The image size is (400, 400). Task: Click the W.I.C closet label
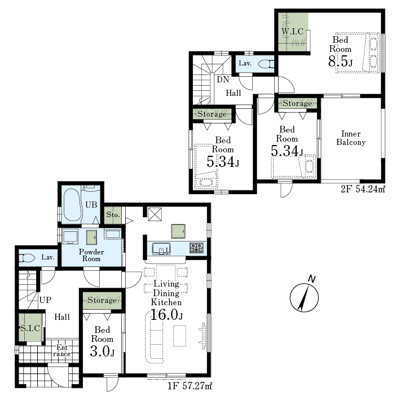pos(293,32)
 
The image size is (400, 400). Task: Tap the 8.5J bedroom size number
pos(341,61)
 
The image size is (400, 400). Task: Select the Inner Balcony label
pos(351,138)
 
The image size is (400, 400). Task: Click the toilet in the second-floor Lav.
pos(266,64)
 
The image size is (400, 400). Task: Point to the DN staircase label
pos(223,80)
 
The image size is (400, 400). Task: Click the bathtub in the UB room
pos(73,205)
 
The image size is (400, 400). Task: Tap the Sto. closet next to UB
pos(113,215)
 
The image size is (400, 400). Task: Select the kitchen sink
pos(161,248)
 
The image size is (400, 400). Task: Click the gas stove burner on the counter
pos(196,248)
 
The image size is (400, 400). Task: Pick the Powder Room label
pos(91,256)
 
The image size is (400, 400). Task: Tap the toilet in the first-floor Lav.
pos(27,258)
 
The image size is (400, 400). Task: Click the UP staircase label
pos(45,300)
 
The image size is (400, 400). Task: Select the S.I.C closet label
pos(30,328)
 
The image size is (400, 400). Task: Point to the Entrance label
pos(62,350)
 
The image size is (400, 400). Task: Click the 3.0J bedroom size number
pos(102,351)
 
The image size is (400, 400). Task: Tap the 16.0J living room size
pos(166,314)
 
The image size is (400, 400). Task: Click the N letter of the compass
pos(312,279)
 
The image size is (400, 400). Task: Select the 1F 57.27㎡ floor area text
pos(190,386)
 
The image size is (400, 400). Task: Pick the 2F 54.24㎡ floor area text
pos(363,189)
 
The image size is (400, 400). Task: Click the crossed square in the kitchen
pos(155,214)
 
